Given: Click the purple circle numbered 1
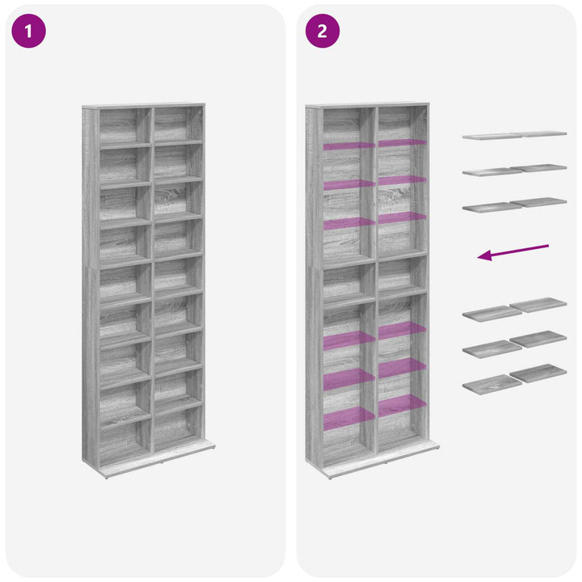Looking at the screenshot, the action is coord(29,31).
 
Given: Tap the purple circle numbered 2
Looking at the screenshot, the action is coord(323,31).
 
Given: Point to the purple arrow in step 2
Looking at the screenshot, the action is coord(513,252).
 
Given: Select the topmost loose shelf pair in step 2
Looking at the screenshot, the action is coord(514,135).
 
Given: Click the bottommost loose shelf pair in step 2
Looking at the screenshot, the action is coord(514,379).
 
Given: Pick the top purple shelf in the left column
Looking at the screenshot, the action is coord(349,145).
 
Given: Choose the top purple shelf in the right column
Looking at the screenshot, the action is coord(403,142).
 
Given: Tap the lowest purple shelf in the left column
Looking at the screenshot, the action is coord(349,419).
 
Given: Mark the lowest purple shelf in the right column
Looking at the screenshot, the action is coord(403,405).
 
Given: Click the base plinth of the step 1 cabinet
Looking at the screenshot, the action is coord(158,459).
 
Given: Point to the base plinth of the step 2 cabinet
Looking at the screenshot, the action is coord(382,459).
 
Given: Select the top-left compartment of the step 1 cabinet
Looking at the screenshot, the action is coord(125,126).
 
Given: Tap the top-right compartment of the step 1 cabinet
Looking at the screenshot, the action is coord(178,124).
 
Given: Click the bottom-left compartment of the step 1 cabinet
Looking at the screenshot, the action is coord(125,441).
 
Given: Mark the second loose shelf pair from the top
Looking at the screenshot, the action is coord(514,170).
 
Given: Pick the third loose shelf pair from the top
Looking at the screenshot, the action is coord(514,205).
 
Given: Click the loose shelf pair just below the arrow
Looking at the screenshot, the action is coord(514,310).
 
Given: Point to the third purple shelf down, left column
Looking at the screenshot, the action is coord(349,224).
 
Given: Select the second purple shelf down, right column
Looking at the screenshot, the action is coord(403,180).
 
